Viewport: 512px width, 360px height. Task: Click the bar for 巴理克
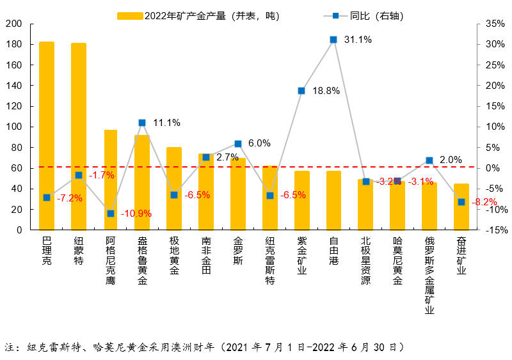pyautogui.click(x=47, y=136)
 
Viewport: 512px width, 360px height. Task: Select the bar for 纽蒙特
pyautogui.click(x=79, y=136)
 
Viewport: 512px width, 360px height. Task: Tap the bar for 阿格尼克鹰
pyautogui.click(x=111, y=180)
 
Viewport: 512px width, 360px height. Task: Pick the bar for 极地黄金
pyautogui.click(x=174, y=189)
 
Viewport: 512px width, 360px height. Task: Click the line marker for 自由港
pyautogui.click(x=333, y=40)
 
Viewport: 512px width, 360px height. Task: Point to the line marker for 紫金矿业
pyautogui.click(x=301, y=91)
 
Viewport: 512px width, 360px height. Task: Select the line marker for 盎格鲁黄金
pyautogui.click(x=142, y=123)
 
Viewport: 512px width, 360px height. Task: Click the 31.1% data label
pyautogui.click(x=358, y=40)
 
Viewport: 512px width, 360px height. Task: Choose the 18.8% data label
pyautogui.click(x=326, y=91)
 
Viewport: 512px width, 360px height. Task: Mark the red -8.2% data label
pyautogui.click(x=484, y=202)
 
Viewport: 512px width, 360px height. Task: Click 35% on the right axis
pyautogui.click(x=496, y=24)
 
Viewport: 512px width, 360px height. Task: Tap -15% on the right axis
pyautogui.click(x=496, y=230)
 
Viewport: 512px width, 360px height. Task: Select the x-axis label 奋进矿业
pyautogui.click(x=461, y=256)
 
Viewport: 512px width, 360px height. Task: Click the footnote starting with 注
pyautogui.click(x=205, y=347)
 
